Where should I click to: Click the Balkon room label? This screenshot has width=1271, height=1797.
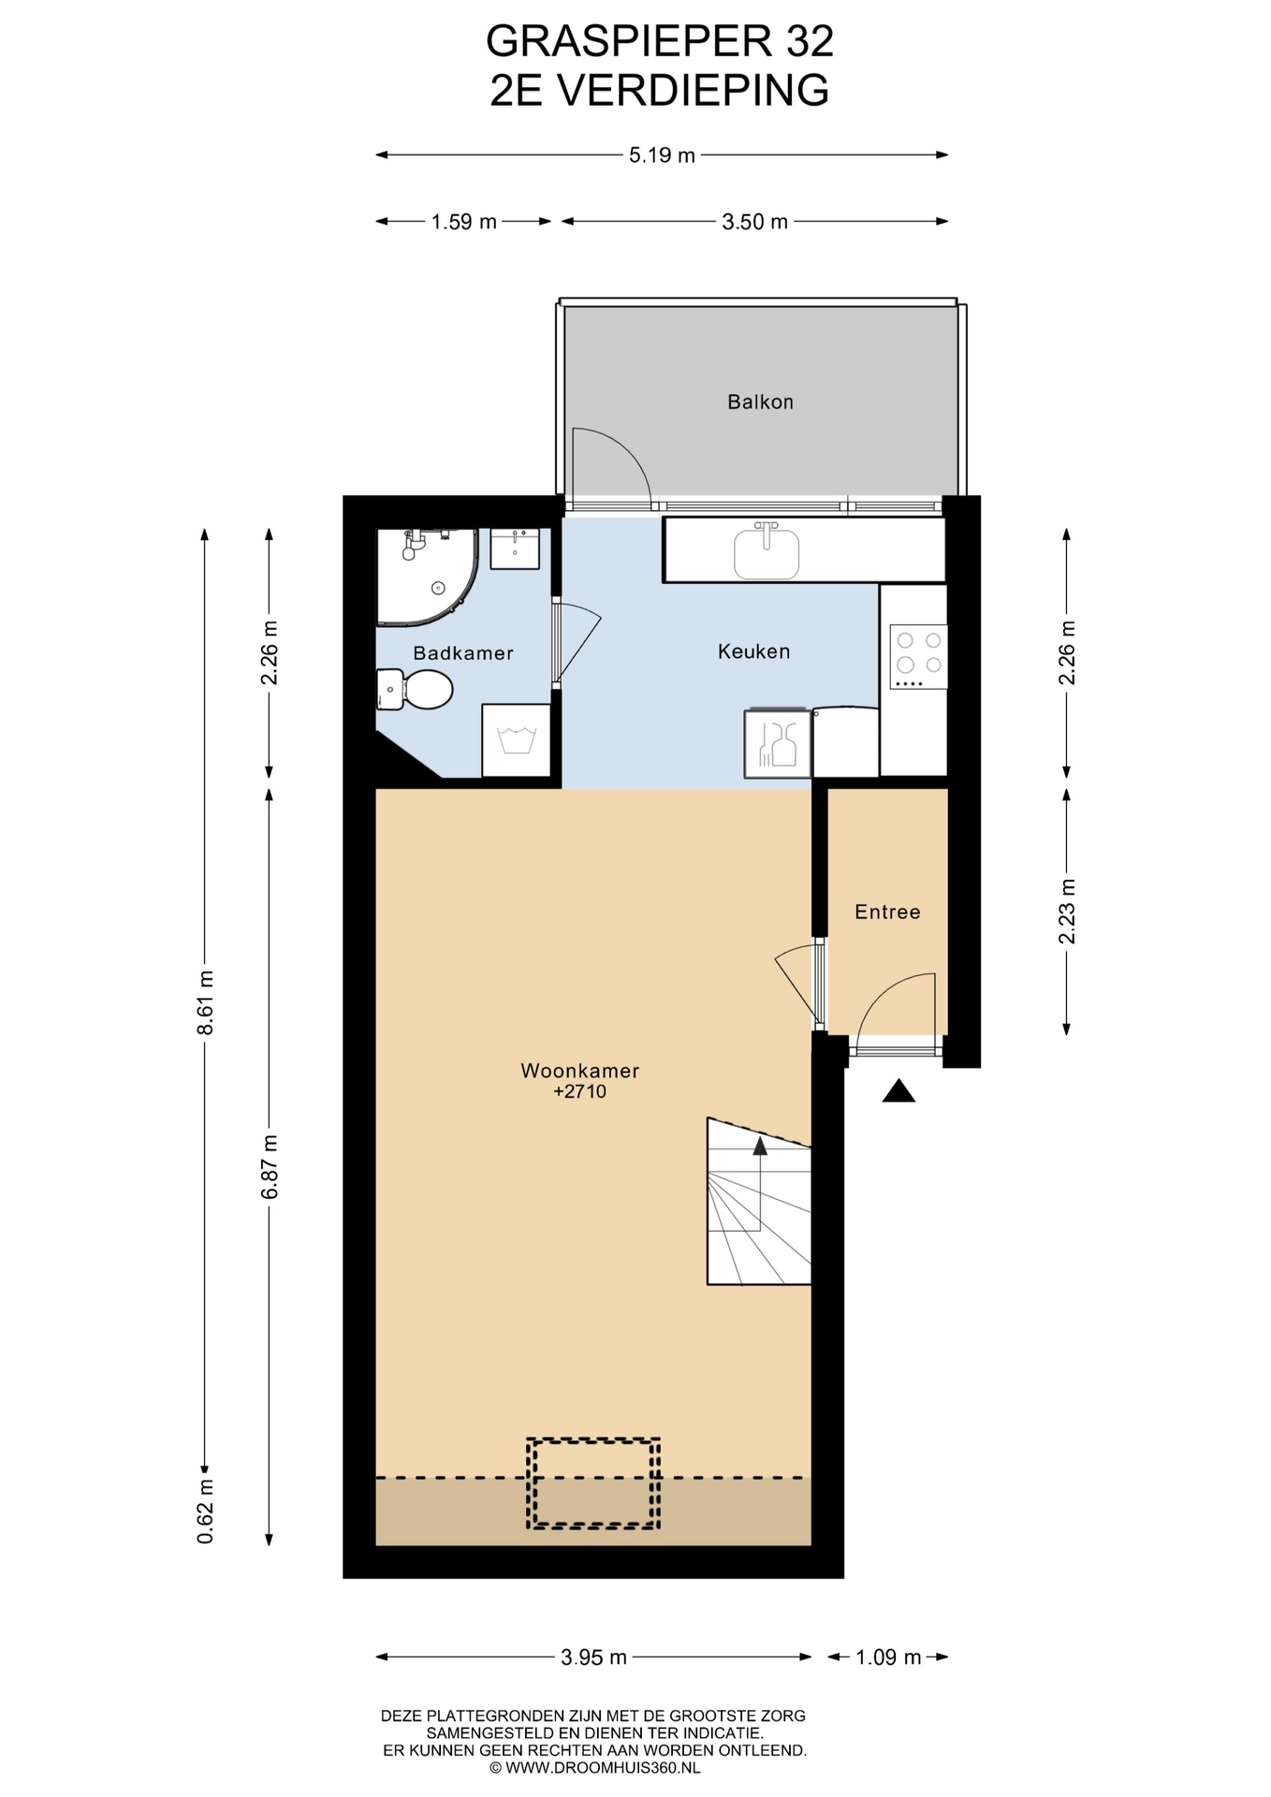pos(760,402)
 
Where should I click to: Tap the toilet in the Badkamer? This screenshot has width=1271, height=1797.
pos(415,690)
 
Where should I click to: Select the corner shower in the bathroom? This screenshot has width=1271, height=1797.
pos(428,577)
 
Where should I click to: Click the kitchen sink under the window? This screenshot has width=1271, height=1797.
pos(767,551)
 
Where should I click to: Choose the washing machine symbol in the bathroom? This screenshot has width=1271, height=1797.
pos(516,740)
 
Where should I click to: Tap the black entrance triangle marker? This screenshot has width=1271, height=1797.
pos(898,1090)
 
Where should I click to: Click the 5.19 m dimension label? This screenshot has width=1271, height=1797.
pos(662,155)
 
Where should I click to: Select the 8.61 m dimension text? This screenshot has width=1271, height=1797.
pos(206,1001)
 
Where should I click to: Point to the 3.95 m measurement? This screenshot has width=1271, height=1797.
pos(593,1657)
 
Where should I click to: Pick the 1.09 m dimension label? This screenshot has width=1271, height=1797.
pos(888,1657)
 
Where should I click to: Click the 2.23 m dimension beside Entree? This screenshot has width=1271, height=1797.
pos(1066,912)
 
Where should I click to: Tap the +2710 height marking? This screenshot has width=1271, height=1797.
pos(580,1091)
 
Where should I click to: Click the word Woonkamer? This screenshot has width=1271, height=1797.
pos(580,1071)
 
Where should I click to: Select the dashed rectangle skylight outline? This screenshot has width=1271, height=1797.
pos(593,1483)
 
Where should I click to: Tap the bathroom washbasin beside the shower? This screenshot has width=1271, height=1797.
pos(515,548)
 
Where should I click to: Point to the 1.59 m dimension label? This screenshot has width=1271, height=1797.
pos(463,222)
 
